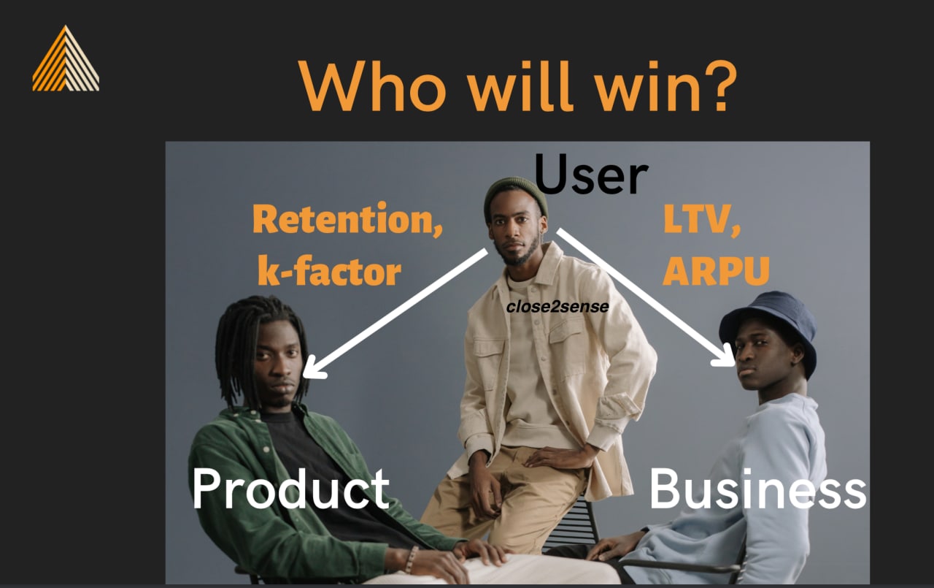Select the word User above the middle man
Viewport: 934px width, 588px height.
coord(591,174)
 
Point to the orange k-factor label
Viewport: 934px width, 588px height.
coord(329,270)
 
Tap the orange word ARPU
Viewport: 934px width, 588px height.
coord(716,271)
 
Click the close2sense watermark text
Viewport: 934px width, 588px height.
coord(557,307)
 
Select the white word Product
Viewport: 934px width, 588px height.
coord(290,488)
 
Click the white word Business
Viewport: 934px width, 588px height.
coord(757,488)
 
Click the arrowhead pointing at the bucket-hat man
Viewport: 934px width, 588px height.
coord(725,356)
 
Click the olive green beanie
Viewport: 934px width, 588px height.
coord(515,195)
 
